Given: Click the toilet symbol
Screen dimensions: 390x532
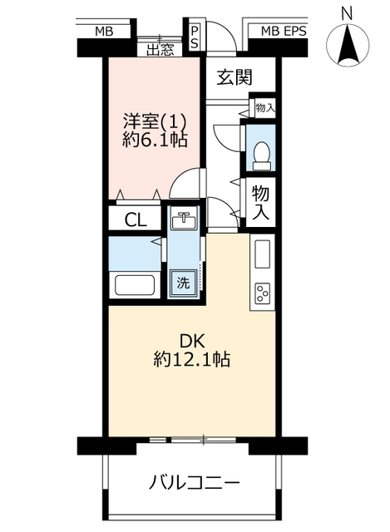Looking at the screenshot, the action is coord(262,155).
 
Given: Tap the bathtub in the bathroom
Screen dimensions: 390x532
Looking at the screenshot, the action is coord(135,285).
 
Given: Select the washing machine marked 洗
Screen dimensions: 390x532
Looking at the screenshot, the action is coord(183,283).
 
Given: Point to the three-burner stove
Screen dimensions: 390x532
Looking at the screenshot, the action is coord(263,293).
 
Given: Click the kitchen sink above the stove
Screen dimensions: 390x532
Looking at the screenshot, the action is coord(263,254).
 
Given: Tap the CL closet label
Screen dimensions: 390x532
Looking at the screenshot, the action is coord(136,220).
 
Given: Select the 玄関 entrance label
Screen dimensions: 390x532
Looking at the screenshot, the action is coord(234,77).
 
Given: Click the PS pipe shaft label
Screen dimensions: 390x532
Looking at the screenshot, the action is coord(195,37).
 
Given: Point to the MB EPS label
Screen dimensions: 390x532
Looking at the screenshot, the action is coord(284,32).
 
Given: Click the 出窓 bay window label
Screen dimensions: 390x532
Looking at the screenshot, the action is coord(160,50).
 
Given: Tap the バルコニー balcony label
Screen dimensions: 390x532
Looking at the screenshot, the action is coord(195,482).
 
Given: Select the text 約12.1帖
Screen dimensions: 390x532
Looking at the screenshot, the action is coord(192,359).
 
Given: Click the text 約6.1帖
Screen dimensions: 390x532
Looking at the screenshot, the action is coord(155,140).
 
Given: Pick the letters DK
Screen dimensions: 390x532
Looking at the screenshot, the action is coord(192,342).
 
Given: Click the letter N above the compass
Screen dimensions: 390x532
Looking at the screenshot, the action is coord(347,15).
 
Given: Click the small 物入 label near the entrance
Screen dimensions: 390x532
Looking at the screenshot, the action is coord(265,108).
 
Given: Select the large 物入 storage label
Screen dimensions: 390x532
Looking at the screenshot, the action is coord(260,203).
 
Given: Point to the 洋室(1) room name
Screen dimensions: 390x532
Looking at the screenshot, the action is coord(155,121).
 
